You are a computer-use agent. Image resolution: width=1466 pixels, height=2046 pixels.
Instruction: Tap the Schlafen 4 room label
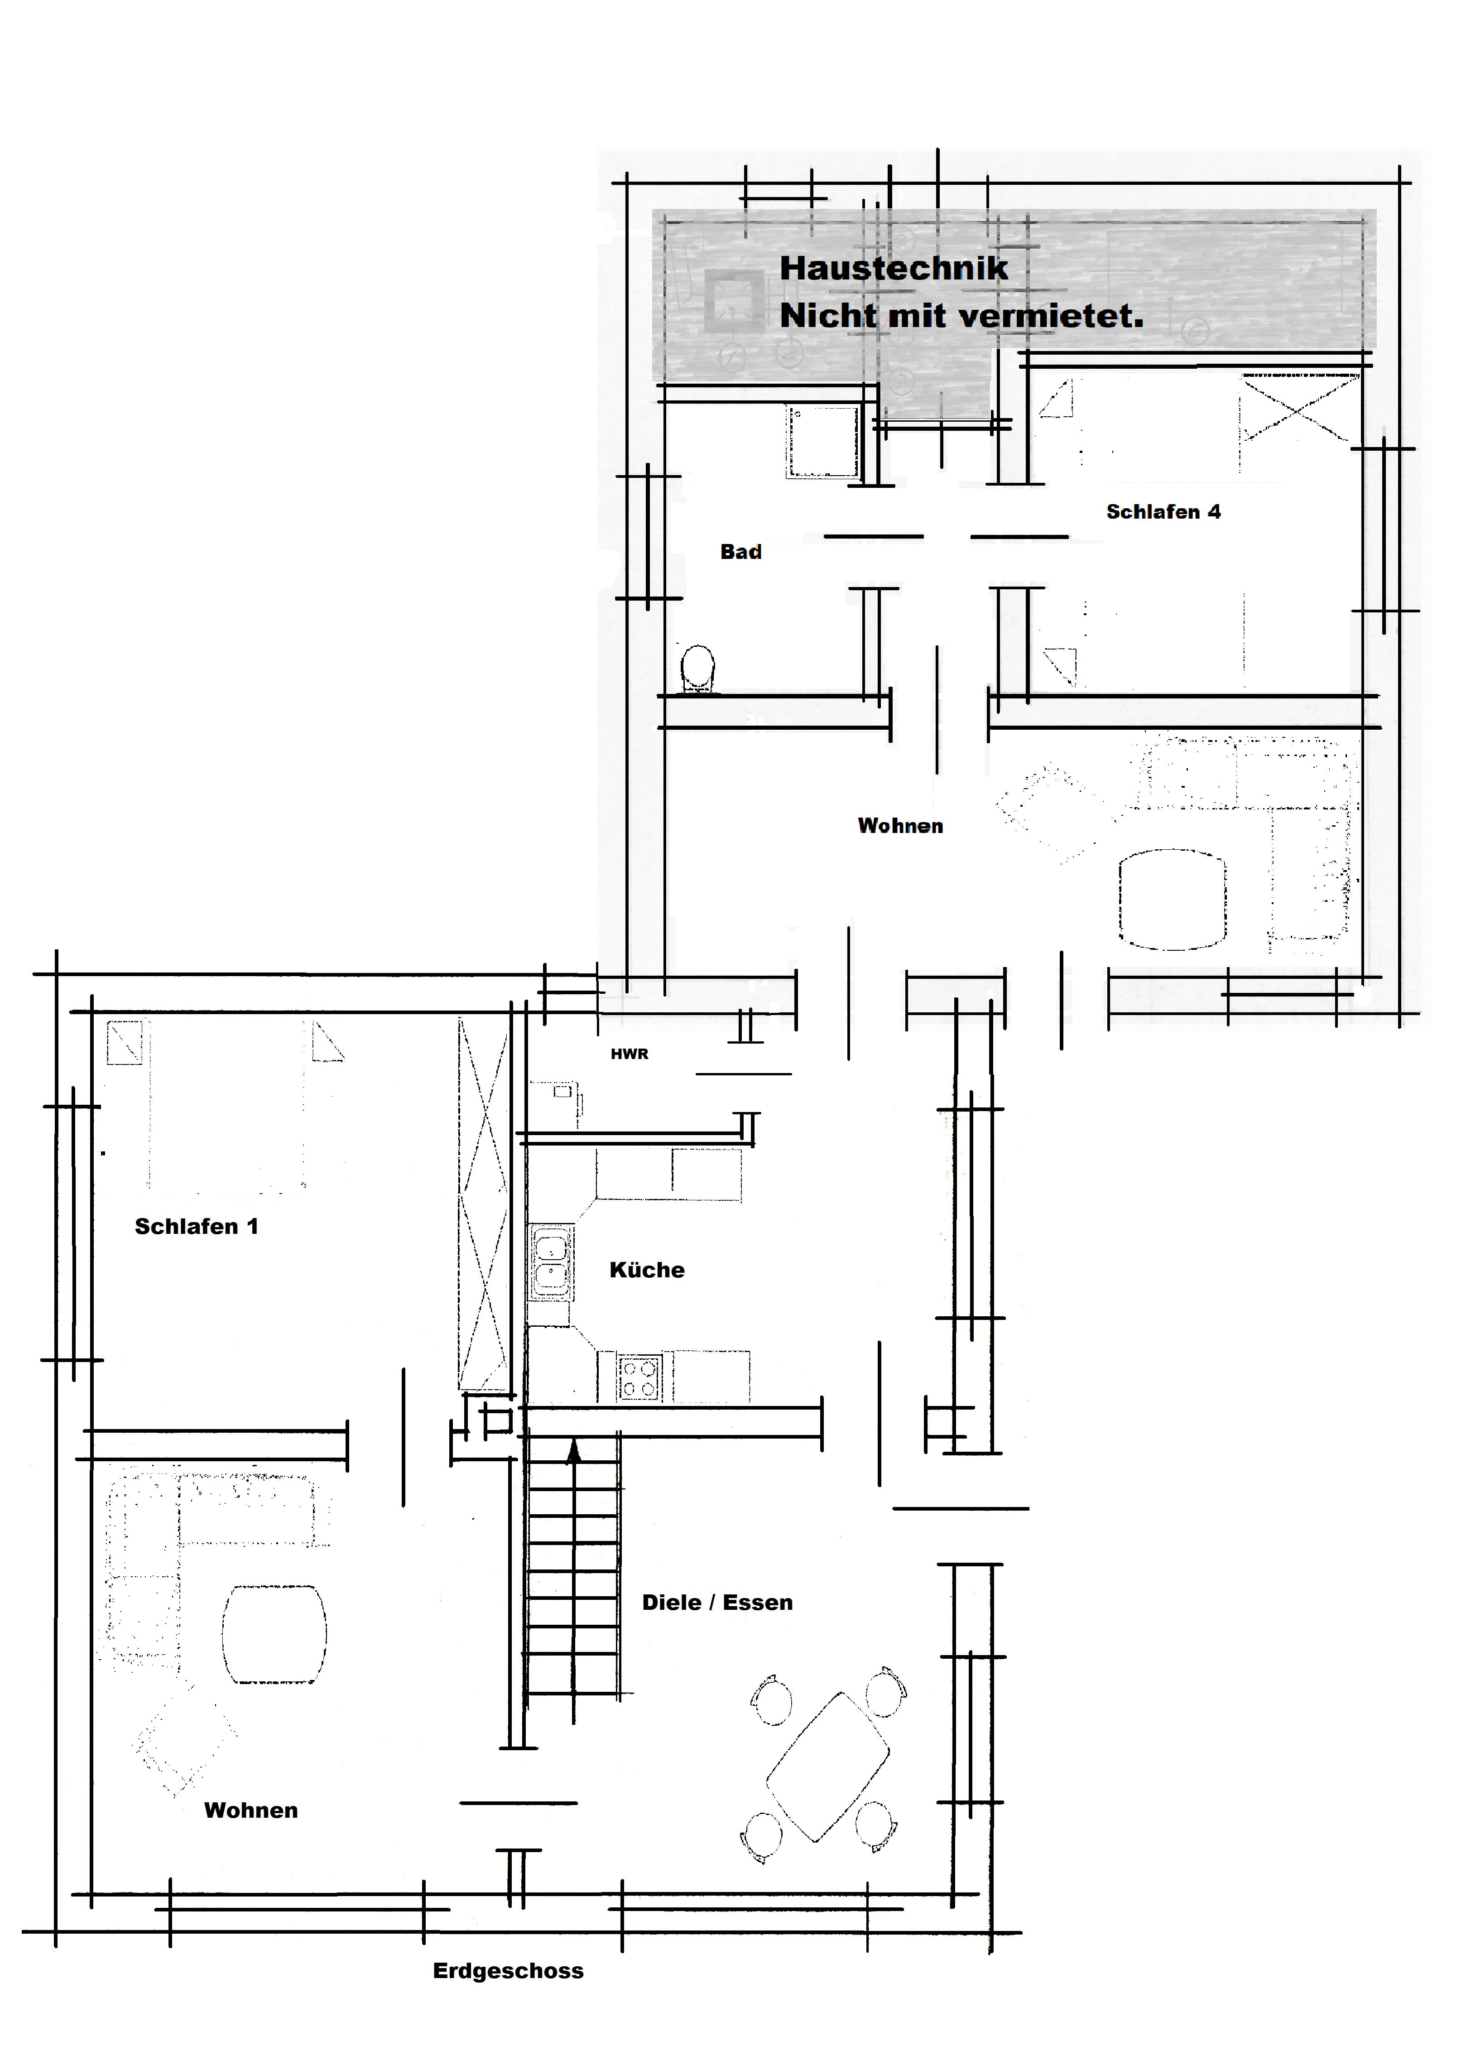click(x=1163, y=511)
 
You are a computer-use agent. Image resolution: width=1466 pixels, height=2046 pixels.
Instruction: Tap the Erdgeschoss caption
click(x=508, y=1971)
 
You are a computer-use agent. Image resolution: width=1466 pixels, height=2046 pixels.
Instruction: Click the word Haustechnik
click(x=893, y=268)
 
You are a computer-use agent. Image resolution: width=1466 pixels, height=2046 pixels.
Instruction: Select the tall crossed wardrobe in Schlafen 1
click(x=483, y=1204)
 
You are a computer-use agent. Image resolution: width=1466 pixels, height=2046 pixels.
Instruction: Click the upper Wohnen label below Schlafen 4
click(x=900, y=825)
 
